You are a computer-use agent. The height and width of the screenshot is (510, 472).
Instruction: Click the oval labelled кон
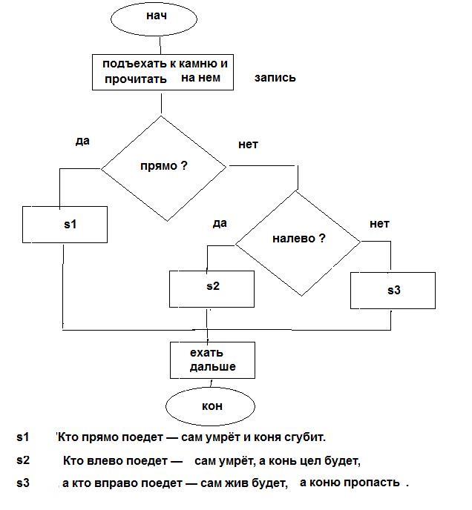click(212, 406)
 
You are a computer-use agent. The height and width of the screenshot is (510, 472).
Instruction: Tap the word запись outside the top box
click(275, 77)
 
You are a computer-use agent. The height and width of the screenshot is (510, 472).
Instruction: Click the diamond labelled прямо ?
click(163, 167)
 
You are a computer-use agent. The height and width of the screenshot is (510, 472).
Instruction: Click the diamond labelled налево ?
click(298, 240)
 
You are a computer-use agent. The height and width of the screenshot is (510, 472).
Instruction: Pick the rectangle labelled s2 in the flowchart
click(212, 288)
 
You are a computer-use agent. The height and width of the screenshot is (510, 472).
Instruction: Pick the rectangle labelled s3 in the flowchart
click(393, 290)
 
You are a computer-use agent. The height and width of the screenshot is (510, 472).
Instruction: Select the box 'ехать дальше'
click(213, 360)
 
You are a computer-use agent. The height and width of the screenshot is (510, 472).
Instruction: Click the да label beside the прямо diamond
click(82, 140)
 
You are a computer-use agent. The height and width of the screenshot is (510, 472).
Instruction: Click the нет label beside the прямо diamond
click(248, 145)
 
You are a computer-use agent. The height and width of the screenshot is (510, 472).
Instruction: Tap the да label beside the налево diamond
click(219, 223)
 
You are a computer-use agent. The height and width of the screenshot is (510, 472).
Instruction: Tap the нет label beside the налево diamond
click(379, 224)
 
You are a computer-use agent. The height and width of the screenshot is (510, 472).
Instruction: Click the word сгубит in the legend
click(304, 437)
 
